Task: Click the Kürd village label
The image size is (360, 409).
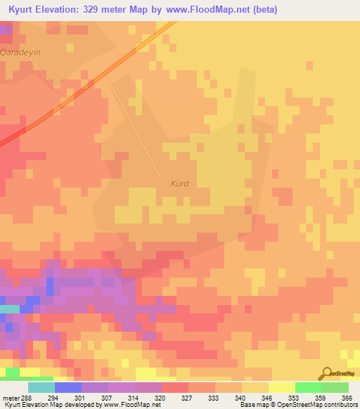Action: point(180,183)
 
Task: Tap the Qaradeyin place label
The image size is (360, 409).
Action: point(21,53)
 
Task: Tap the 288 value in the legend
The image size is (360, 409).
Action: point(27,398)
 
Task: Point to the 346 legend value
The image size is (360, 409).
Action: point(268,398)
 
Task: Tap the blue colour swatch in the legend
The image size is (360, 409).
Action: point(67,387)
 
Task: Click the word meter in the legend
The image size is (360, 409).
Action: point(10,398)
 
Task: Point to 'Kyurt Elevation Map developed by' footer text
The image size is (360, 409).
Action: point(52,405)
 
